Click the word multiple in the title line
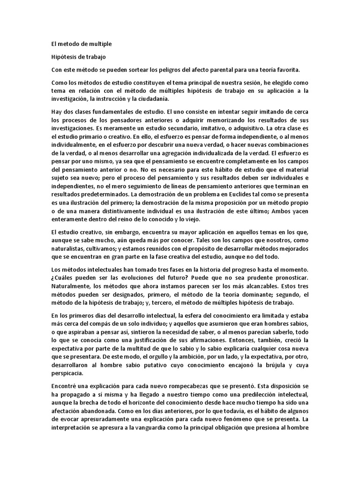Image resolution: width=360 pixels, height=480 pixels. (x=99, y=45)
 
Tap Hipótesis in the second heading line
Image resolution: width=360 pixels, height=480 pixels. (x=63, y=57)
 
